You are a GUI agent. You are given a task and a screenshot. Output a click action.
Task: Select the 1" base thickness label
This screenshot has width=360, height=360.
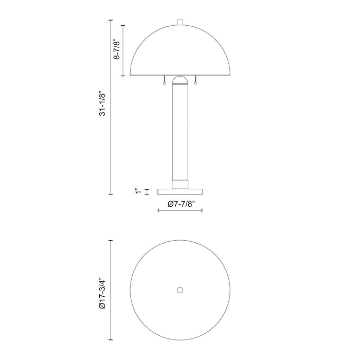(x=137, y=191)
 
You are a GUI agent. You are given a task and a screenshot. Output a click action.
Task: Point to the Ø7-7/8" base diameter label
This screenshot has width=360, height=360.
(x=179, y=204)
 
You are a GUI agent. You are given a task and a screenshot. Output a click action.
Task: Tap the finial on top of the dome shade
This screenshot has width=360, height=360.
(x=180, y=22)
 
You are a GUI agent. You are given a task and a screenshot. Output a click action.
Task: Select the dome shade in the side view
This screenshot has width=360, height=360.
(x=180, y=51)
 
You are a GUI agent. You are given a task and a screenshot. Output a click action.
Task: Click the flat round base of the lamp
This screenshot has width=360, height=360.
(x=180, y=191)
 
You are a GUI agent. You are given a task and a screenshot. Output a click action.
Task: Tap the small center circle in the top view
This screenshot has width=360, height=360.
(x=180, y=290)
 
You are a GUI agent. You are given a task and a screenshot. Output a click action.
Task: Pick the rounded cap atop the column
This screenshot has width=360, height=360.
(x=180, y=80)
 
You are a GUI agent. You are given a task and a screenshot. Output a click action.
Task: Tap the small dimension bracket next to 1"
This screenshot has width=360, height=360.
(x=147, y=191)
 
